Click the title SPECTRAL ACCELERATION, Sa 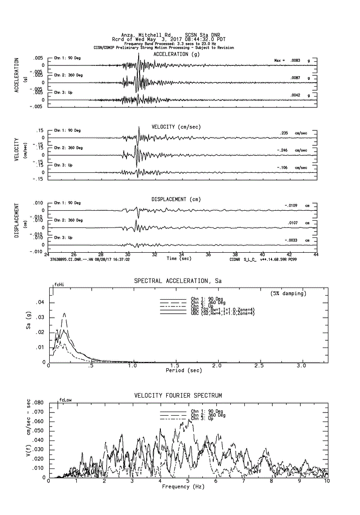pyautogui.click(x=178, y=281)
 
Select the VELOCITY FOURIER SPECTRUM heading pyautogui.click(x=178, y=395)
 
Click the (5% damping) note pyautogui.click(x=288, y=293)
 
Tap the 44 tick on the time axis pyautogui.click(x=316, y=255)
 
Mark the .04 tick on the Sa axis pyautogui.click(x=40, y=302)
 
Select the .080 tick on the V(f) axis pyautogui.click(x=38, y=403)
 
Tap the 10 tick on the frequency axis pyautogui.click(x=327, y=481)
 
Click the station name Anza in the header pyautogui.click(x=128, y=34)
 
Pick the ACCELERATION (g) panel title pyautogui.click(x=176, y=54)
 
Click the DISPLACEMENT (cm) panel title pyautogui.click(x=176, y=199)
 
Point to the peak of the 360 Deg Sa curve pyautogui.click(x=64, y=313)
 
